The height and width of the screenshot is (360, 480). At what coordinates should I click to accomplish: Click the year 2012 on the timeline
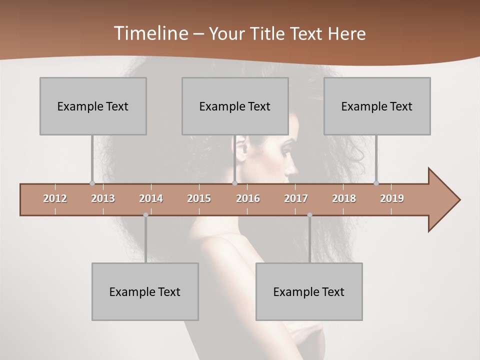point(55,198)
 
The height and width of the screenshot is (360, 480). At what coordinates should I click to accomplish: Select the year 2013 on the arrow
point(103,198)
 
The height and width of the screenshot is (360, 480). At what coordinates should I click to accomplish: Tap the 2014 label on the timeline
point(151,198)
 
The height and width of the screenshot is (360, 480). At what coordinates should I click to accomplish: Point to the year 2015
point(199,198)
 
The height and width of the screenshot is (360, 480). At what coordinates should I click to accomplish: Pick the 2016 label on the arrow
point(248,198)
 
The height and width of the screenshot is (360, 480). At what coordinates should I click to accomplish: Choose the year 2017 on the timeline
point(296,198)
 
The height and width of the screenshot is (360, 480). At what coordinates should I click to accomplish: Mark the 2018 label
point(344,198)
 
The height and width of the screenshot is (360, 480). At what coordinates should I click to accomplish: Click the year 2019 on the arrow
point(392,198)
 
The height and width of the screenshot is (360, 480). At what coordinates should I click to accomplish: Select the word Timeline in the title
point(150,33)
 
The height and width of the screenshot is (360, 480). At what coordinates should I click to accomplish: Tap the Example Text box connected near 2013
point(93,106)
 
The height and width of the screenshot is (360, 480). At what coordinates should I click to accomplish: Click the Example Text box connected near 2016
point(235,106)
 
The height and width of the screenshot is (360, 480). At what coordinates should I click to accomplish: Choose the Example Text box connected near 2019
point(377,106)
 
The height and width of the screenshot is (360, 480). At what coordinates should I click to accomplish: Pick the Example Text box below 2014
point(145,291)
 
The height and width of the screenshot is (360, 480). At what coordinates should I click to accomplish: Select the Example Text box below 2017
point(309,291)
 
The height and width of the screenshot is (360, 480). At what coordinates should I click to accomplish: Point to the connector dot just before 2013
point(92,183)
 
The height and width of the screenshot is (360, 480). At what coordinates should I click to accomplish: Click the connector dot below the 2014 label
point(145,215)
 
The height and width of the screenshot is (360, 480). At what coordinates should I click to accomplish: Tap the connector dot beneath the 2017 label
point(309,215)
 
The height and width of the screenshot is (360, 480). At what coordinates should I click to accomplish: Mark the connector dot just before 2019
point(376,183)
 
